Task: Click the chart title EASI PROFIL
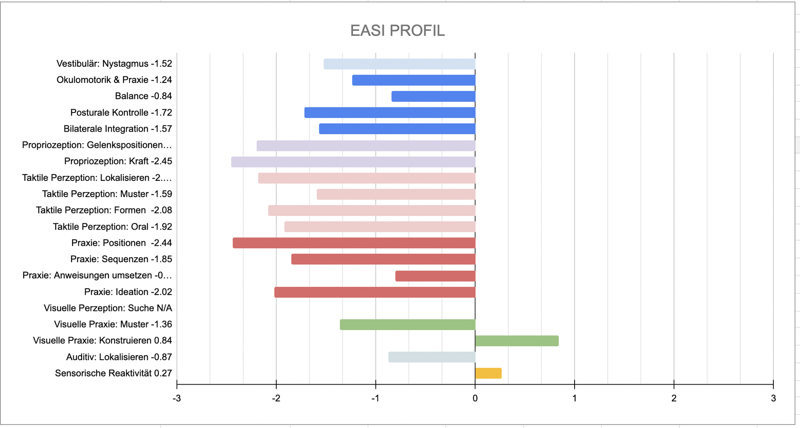pos(397,30)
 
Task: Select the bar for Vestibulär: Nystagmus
pos(399,64)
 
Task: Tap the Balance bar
pos(433,96)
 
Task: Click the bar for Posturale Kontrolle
pos(390,113)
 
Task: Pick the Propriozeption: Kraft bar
pos(353,162)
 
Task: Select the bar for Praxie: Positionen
pos(354,243)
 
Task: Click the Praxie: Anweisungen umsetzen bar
pos(435,276)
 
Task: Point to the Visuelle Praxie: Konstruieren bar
pos(517,341)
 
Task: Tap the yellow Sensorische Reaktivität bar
pos(488,373)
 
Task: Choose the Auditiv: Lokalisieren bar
pos(432,357)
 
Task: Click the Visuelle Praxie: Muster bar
pos(407,325)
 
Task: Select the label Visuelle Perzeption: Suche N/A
pos(108,308)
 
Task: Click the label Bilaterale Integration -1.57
pos(117,129)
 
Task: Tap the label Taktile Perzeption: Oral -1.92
pos(112,227)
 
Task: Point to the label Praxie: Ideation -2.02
pos(128,292)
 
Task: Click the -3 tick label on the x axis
pos(177,398)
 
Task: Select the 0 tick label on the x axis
pos(475,398)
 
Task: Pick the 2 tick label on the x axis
pos(674,398)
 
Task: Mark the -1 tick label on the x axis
pos(375,398)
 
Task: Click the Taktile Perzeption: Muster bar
pos(396,194)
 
